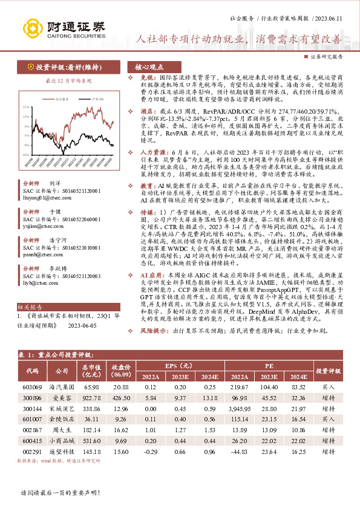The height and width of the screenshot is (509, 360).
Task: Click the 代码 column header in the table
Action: (32, 367)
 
